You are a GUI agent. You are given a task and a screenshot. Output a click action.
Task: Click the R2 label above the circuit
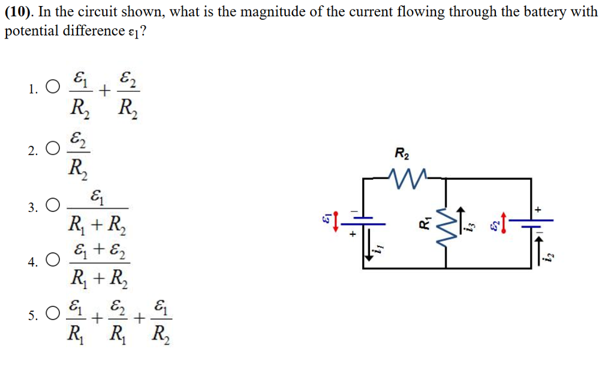coord(402,154)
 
